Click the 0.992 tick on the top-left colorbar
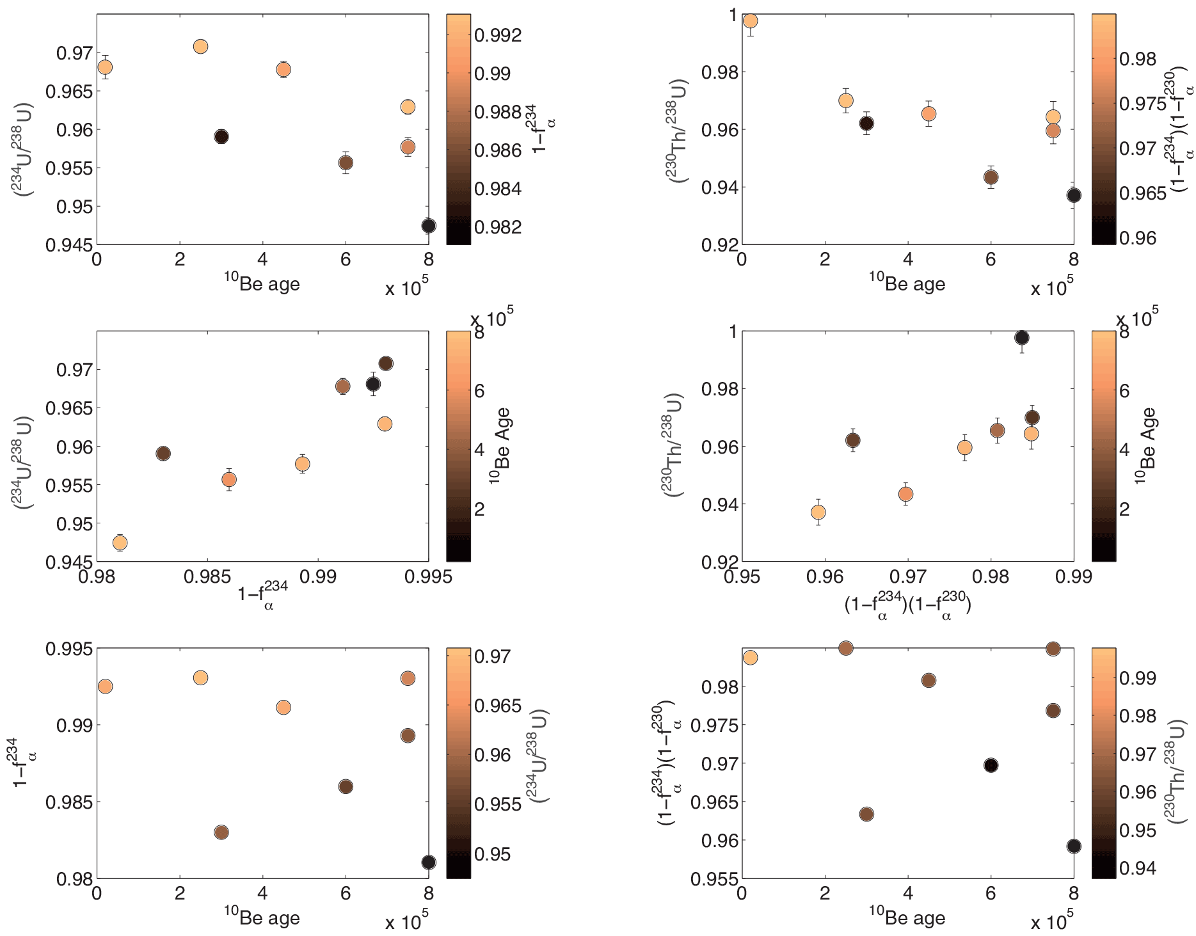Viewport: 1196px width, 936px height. pos(498,35)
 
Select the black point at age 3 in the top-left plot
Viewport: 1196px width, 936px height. pos(221,136)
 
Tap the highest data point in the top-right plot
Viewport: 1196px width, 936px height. pos(750,21)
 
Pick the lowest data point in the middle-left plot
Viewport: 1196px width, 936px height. pos(120,543)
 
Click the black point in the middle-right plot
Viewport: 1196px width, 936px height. pos(1022,338)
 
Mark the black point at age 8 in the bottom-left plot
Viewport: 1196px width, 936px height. pos(429,862)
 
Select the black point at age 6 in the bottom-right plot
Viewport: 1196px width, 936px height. pos(991,765)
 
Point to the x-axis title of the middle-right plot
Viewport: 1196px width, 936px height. pos(907,605)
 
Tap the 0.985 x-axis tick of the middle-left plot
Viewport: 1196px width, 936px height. pos(207,577)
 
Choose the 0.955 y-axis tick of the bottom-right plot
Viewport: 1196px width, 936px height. pos(714,879)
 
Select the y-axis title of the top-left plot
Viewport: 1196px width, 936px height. pos(22,149)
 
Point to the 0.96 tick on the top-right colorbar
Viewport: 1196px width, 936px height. pos(1138,238)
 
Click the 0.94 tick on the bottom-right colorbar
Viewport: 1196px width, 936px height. pos(1138,868)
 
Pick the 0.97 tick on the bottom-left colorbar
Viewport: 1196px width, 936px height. pos(492,656)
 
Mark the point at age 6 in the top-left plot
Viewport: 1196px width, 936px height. pos(346,163)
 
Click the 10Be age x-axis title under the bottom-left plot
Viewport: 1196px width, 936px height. pos(262,916)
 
